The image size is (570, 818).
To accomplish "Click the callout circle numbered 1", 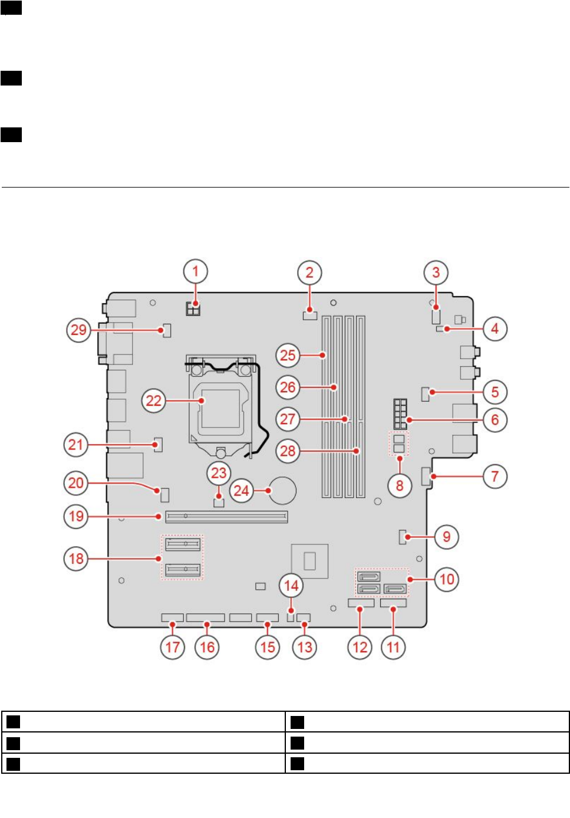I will point(196,272).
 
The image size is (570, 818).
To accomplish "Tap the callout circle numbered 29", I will point(78,330).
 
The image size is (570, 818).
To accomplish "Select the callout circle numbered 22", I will point(153,401).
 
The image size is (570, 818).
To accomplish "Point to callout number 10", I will point(447,579).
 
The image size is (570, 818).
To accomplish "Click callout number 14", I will point(291,586).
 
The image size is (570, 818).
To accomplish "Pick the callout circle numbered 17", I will point(172,647).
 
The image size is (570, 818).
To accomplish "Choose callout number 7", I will point(495,476).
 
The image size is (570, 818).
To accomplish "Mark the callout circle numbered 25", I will point(288,355).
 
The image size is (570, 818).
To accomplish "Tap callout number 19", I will point(76,517).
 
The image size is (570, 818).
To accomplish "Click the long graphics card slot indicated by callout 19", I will point(227,517).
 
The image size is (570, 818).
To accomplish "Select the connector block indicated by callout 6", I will point(400,415).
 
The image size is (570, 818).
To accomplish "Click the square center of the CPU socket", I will point(220,406).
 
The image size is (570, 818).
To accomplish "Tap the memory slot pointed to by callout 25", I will point(327,407).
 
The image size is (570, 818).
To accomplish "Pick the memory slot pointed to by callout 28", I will point(361,407).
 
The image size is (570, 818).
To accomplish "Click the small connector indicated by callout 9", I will point(404,537).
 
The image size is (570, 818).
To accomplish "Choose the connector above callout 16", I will point(205,617).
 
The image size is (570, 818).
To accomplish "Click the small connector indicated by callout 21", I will point(157,444).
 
